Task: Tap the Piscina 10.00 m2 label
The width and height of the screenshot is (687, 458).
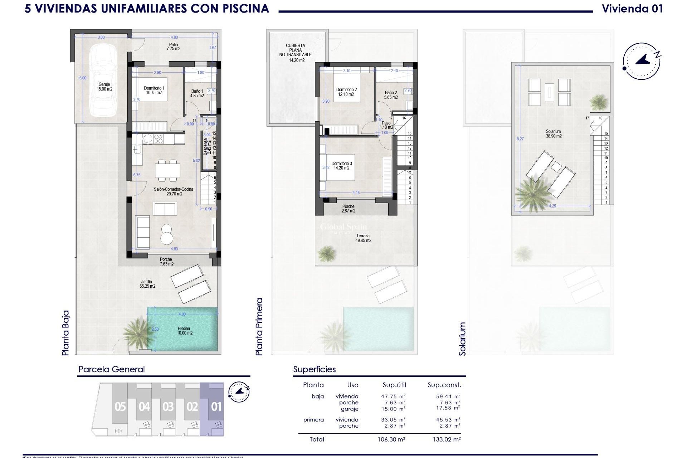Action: point(184,331)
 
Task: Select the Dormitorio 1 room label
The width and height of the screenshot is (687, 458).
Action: point(154,90)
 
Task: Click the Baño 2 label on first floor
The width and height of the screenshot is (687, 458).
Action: point(391,95)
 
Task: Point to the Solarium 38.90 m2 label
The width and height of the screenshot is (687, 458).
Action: point(553,134)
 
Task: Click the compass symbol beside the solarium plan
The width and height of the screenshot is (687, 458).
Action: point(642,61)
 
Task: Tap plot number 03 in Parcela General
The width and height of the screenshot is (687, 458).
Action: point(168,407)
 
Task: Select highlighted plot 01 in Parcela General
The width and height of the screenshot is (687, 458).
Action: point(216,407)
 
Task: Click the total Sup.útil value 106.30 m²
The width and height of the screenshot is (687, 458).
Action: point(393,439)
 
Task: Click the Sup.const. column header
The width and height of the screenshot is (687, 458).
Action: point(444,385)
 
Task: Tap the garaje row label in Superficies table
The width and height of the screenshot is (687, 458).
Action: point(349,409)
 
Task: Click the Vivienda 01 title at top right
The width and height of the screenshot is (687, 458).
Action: point(632,9)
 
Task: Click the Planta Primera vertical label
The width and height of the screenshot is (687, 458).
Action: point(259,327)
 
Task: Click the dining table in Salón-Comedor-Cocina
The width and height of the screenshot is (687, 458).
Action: point(167,170)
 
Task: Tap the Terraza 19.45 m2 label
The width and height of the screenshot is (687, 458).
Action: point(363,238)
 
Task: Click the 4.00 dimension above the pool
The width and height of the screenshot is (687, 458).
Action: point(182,314)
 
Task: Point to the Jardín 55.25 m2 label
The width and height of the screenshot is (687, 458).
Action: point(147,284)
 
